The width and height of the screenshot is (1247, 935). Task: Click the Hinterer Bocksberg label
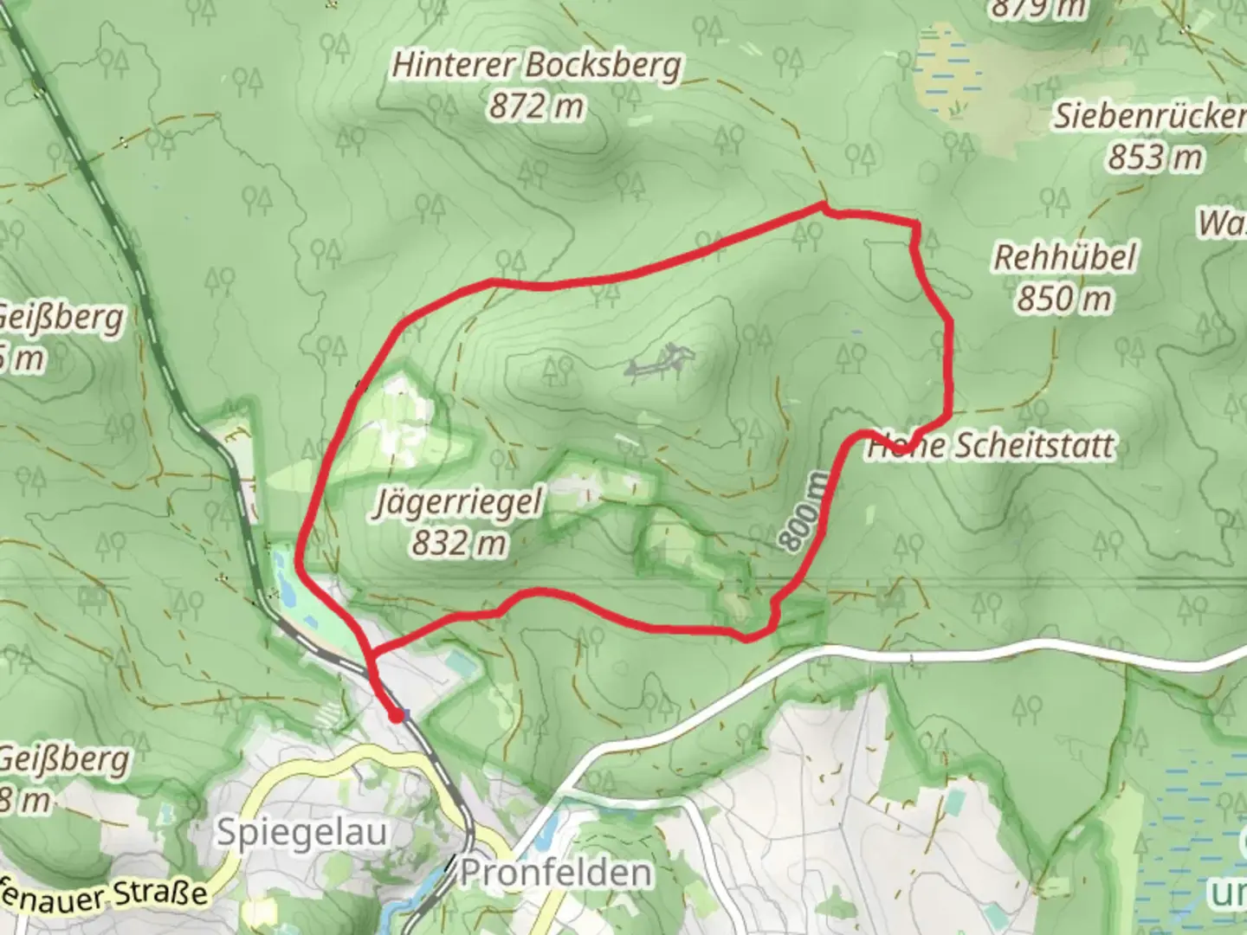(x=536, y=66)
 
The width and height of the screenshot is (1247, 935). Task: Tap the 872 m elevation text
(x=536, y=107)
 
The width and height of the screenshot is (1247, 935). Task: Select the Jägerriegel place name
(x=458, y=502)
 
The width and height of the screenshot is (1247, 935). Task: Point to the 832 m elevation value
(x=458, y=544)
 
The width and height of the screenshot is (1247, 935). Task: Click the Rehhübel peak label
(x=1064, y=257)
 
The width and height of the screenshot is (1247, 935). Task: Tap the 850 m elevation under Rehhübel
(x=1064, y=299)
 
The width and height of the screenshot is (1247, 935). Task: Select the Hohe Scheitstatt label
(x=992, y=446)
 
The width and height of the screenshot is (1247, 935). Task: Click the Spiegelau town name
(x=301, y=832)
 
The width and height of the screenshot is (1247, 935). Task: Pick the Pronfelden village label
(x=555, y=872)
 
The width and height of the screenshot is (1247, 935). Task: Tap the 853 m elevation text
(x=1155, y=158)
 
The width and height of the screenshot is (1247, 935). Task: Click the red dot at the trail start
(x=396, y=715)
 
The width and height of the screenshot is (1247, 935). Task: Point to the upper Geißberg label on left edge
(x=61, y=319)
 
